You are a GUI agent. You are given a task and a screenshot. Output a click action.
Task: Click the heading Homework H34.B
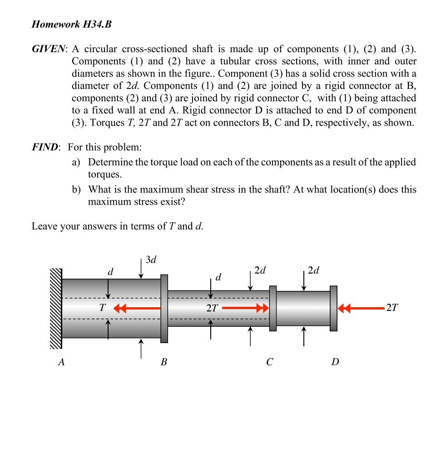tap(71, 25)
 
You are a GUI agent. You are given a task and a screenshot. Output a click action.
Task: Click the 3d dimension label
tap(151, 260)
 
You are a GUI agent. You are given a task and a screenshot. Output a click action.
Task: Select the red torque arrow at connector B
tap(136, 308)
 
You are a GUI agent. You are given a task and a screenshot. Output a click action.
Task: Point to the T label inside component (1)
tap(102, 308)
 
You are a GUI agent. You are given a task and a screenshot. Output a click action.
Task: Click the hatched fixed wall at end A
tap(56, 309)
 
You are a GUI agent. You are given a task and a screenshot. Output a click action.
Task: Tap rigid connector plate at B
tap(164, 309)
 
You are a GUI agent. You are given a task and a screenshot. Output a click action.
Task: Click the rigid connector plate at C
tap(272, 309)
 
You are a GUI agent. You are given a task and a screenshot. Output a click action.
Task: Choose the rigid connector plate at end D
tap(334, 309)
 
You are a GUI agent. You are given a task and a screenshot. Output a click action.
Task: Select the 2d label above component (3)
tap(313, 271)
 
